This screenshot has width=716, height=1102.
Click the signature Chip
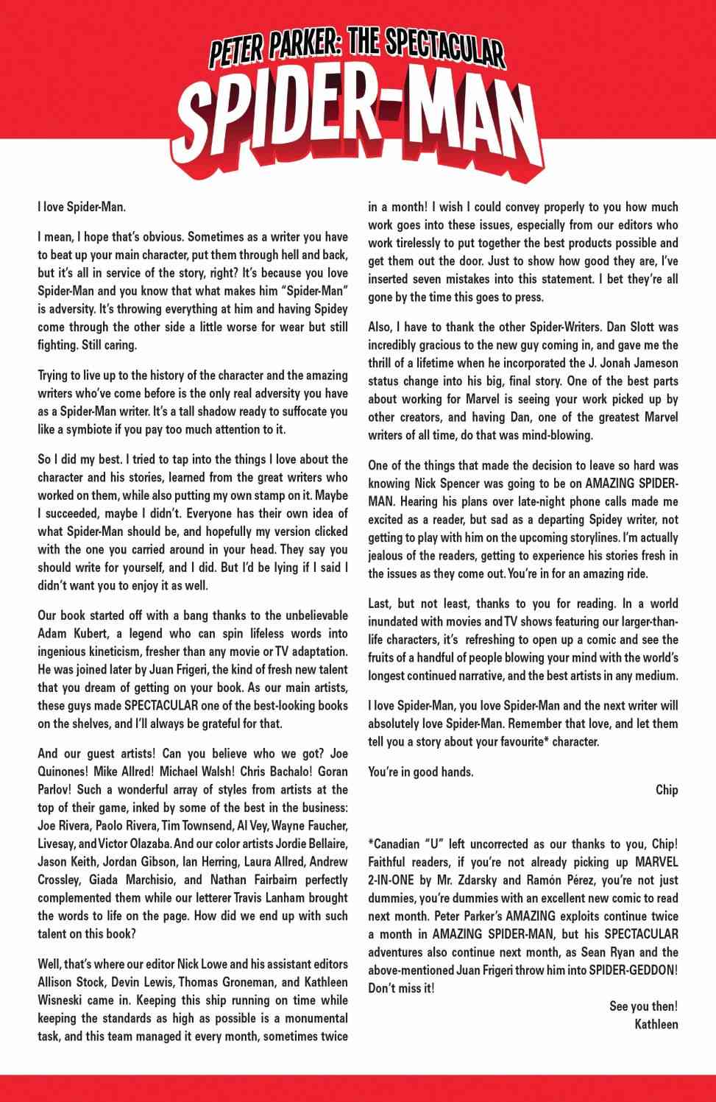coord(666,790)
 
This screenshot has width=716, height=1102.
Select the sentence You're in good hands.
coord(421,771)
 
